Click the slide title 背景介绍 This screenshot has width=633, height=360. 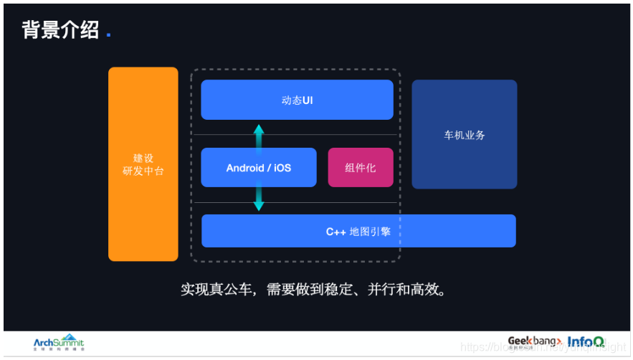(x=60, y=30)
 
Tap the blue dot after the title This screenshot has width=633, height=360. (x=108, y=34)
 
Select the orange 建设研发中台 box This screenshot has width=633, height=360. (x=143, y=164)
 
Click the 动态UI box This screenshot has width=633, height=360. (x=297, y=100)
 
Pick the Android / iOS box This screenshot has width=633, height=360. (x=258, y=168)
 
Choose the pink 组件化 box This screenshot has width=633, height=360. (x=360, y=168)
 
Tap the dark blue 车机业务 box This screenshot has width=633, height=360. (x=464, y=135)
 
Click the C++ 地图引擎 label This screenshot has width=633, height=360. (x=358, y=231)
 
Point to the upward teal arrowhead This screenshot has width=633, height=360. (x=259, y=130)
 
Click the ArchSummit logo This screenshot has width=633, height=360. (x=59, y=343)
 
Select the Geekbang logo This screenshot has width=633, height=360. (x=534, y=342)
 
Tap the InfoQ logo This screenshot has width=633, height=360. (x=586, y=342)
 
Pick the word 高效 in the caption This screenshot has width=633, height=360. (x=427, y=290)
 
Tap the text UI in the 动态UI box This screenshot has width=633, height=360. (x=307, y=100)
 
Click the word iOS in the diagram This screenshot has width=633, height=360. (x=282, y=168)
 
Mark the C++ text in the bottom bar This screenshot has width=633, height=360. (x=336, y=231)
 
